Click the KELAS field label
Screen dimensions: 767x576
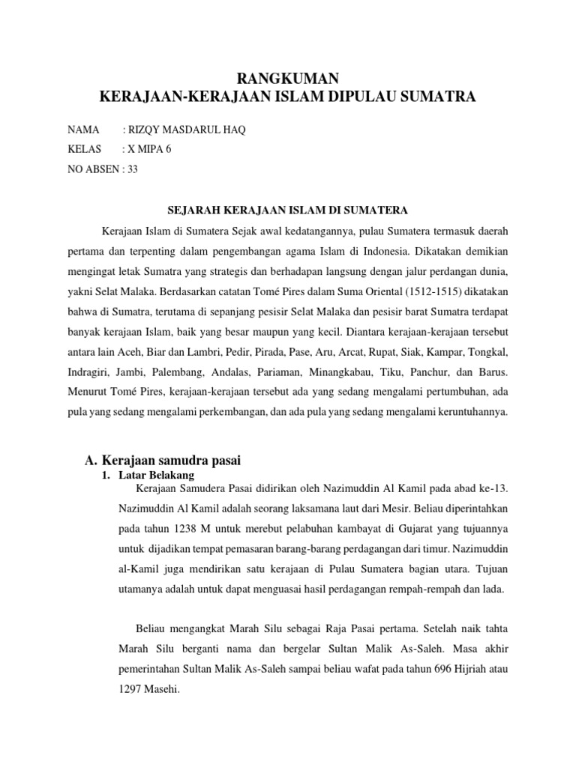click(84, 149)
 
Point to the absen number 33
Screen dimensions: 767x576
click(132, 169)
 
